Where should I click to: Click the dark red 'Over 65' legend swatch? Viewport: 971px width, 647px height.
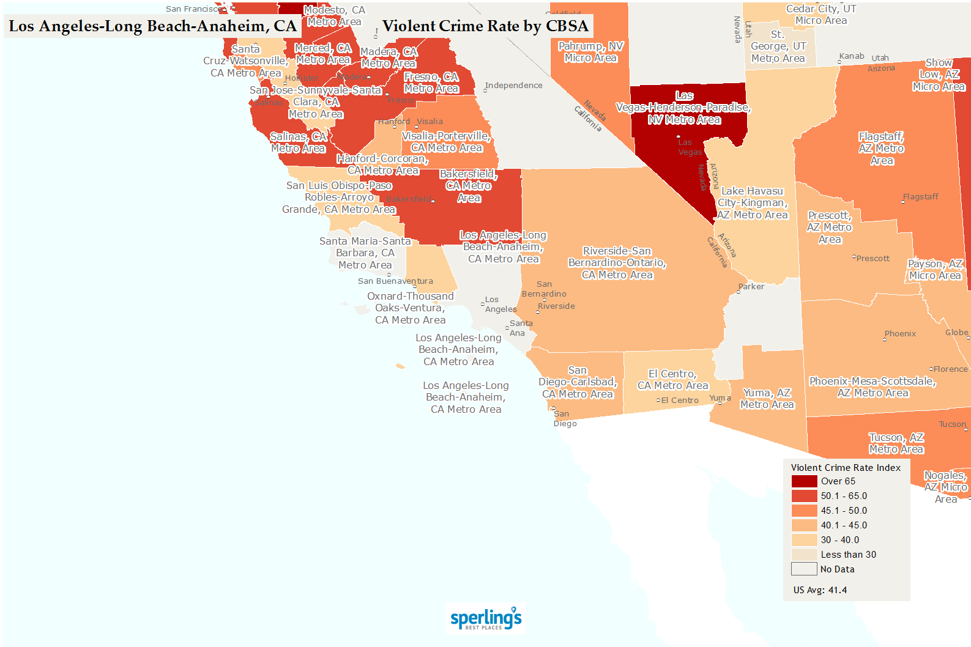point(804,481)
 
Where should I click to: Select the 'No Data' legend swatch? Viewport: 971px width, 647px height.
point(804,569)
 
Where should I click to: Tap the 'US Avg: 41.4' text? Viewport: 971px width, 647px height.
point(820,590)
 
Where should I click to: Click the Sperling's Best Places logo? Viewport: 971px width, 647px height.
point(486,619)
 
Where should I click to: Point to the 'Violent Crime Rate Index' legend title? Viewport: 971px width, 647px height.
point(846,468)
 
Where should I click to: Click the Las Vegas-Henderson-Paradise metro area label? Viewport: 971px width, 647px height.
point(684,108)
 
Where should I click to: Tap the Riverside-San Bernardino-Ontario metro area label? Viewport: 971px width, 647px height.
point(617,263)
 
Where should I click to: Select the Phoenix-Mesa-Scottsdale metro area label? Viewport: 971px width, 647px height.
point(872,387)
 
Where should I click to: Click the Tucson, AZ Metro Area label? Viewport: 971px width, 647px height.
point(896,443)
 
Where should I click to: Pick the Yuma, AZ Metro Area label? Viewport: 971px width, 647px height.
point(767,399)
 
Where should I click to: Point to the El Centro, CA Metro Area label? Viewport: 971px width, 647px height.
point(672,380)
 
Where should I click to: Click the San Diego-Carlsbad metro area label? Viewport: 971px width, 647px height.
point(578,382)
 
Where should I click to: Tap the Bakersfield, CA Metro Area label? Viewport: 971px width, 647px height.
point(469,186)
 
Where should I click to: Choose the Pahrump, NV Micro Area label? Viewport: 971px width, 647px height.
point(590,52)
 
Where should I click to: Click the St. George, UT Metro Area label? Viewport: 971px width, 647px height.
point(778,46)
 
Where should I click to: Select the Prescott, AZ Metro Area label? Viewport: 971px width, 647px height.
point(830,227)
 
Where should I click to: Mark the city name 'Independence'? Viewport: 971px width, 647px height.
point(514,86)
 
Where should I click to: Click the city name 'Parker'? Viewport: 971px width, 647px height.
point(751,287)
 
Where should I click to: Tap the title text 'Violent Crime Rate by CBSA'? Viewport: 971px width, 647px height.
point(485,26)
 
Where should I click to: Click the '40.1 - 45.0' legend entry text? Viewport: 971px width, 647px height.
point(844,525)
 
